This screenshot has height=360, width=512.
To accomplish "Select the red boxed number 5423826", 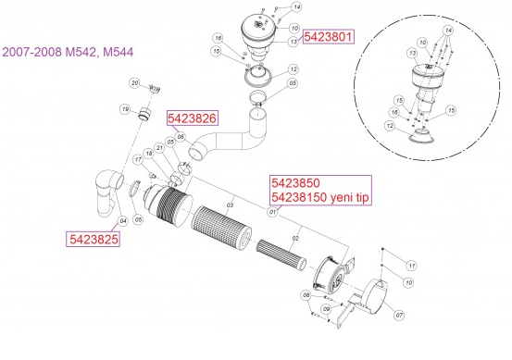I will (x=193, y=118).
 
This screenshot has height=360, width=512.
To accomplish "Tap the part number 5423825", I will (x=94, y=238).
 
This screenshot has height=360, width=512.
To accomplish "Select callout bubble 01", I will (x=272, y=211).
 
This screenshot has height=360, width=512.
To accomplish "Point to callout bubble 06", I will (x=181, y=137).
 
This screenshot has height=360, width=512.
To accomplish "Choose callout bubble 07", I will (x=399, y=316).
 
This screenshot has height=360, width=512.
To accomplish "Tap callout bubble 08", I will (x=305, y=295).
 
